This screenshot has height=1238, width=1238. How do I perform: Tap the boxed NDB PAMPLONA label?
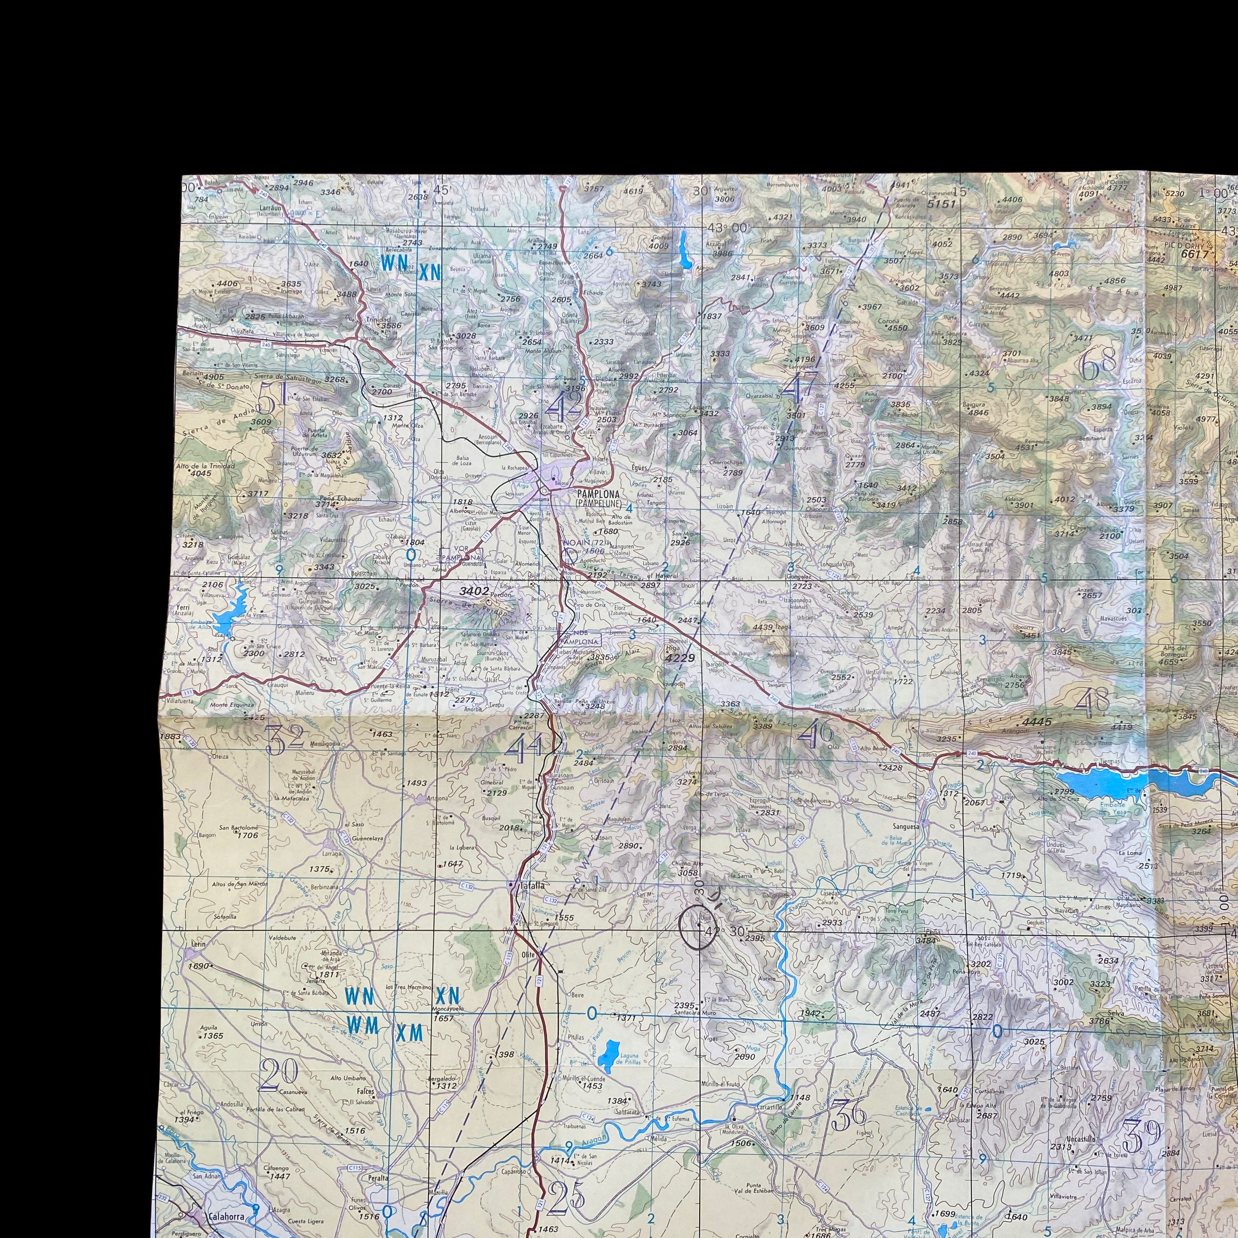[580, 639]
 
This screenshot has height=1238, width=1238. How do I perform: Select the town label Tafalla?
[532, 886]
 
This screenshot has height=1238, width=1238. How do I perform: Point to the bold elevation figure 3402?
[475, 591]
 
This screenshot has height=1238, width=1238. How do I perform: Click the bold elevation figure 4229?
[679, 658]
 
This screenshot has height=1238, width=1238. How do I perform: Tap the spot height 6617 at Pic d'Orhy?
[1194, 254]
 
